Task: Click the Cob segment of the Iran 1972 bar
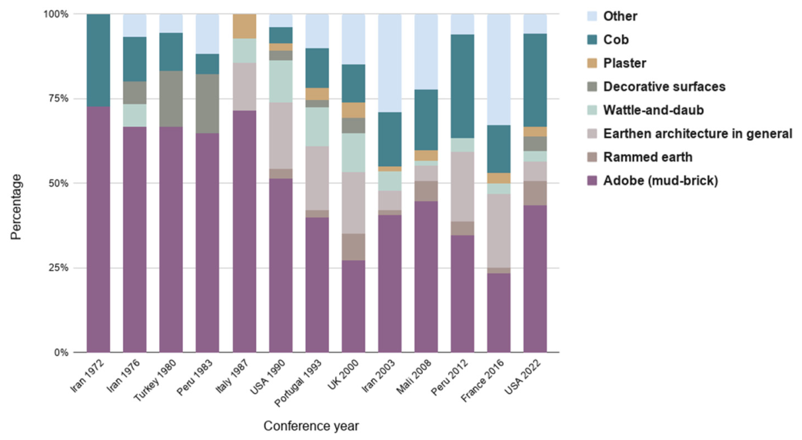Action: coord(98,60)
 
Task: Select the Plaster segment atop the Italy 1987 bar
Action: coord(245,26)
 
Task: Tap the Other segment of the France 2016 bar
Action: coord(499,69)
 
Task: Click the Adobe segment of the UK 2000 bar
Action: coord(354,306)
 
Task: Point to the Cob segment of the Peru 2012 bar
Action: coord(462,86)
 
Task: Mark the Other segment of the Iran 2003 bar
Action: coord(390,63)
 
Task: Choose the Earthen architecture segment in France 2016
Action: coord(499,231)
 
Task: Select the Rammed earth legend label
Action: coord(647,157)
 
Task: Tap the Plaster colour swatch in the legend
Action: coord(592,63)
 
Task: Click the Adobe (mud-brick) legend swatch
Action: coord(592,181)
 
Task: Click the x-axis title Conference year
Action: coord(311,426)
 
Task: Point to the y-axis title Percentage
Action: coord(16,207)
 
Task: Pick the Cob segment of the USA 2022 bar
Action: coord(535,80)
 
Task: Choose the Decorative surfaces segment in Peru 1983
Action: coord(207,104)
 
